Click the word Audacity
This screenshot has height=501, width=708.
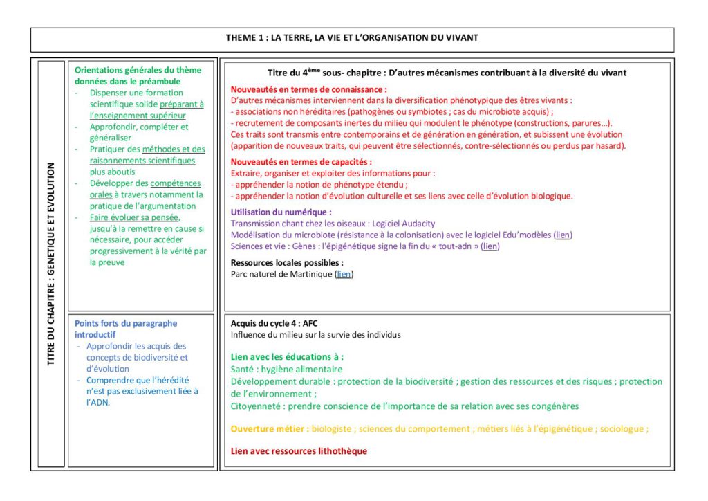click(x=418, y=224)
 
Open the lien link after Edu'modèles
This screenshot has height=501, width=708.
click(x=563, y=235)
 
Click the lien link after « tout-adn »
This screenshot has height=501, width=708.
click(x=490, y=246)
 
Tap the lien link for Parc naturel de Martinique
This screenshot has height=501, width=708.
click(x=344, y=274)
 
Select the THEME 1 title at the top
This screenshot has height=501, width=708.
click(x=352, y=37)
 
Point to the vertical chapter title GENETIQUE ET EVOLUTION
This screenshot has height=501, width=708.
click(x=50, y=264)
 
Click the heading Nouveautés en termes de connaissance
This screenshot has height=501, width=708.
click(x=308, y=89)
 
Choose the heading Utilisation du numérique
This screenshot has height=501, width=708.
click(x=281, y=212)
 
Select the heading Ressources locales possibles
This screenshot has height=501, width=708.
click(x=287, y=263)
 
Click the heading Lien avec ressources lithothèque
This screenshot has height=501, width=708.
click(x=299, y=451)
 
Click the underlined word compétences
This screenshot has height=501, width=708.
click(x=176, y=183)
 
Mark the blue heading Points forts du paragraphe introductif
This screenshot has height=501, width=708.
click(x=125, y=329)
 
